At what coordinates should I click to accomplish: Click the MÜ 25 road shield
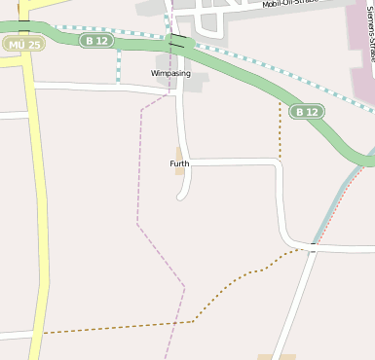[22, 45]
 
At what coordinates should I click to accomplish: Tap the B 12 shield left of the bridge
[96, 40]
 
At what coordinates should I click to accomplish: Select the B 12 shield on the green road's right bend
[306, 112]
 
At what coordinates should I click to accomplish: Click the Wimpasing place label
[170, 73]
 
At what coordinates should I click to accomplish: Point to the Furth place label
[179, 163]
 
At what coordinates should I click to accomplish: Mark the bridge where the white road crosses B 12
[176, 42]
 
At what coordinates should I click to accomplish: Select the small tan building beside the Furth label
[179, 153]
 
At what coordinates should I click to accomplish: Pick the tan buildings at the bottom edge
[277, 356]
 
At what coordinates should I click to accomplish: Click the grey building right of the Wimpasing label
[195, 84]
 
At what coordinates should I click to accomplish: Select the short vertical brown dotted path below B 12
[280, 131]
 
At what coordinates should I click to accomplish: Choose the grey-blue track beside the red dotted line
[336, 199]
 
